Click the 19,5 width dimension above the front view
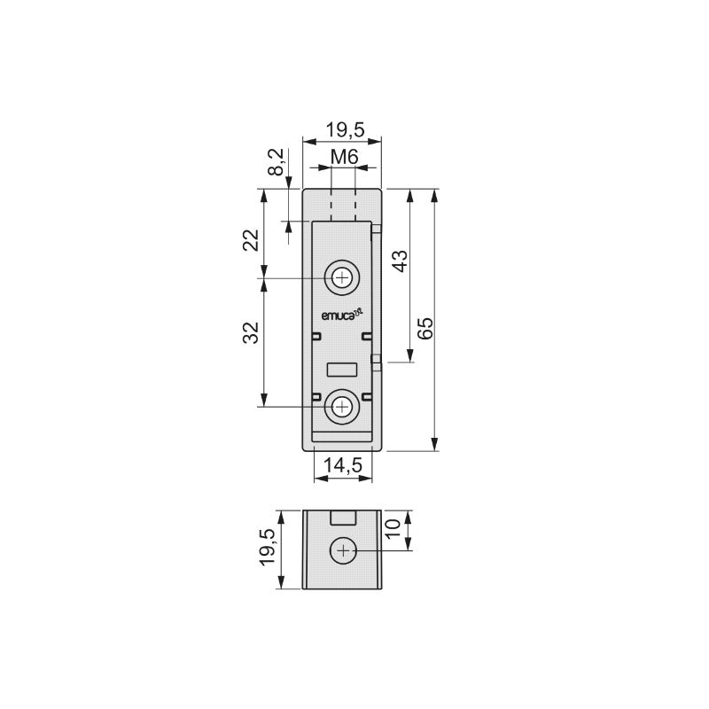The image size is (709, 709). click(x=346, y=129)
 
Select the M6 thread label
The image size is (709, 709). click(x=344, y=157)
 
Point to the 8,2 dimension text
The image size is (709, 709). click(x=276, y=162)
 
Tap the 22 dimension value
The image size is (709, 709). click(x=251, y=240)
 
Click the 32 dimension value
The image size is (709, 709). click(x=251, y=333)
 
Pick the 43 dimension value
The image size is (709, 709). click(x=400, y=261)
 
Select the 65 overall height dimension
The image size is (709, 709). click(x=425, y=328)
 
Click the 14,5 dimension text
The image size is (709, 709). click(x=343, y=464)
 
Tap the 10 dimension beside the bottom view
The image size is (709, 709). click(x=393, y=527)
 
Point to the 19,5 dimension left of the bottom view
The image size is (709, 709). click(x=268, y=547)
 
